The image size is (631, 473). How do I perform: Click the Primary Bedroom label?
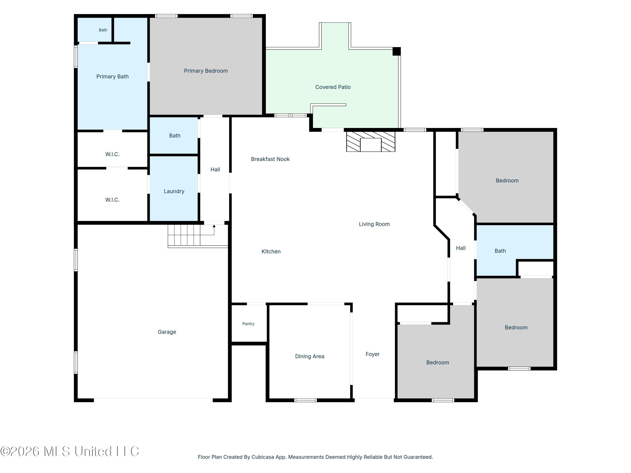206,71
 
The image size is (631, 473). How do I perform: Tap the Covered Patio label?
333,87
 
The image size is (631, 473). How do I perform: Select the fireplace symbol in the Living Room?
371,141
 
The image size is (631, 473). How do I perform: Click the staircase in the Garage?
198,236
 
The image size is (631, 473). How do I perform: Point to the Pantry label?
248,324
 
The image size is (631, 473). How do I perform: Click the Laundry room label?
174,191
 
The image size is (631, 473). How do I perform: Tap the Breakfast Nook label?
270,159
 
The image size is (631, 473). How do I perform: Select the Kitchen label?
271,251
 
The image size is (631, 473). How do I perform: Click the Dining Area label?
310,356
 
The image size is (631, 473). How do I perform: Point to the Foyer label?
373,354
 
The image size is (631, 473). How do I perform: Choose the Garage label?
167,332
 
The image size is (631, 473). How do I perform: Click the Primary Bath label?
112,76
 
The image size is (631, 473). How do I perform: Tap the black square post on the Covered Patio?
396,51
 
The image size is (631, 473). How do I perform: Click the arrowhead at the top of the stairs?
214,226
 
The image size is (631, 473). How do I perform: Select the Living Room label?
374,224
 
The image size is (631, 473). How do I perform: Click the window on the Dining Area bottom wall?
306,400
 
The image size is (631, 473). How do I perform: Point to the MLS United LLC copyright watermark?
70,451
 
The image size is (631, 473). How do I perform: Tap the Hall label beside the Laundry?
215,170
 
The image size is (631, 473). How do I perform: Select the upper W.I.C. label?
112,154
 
